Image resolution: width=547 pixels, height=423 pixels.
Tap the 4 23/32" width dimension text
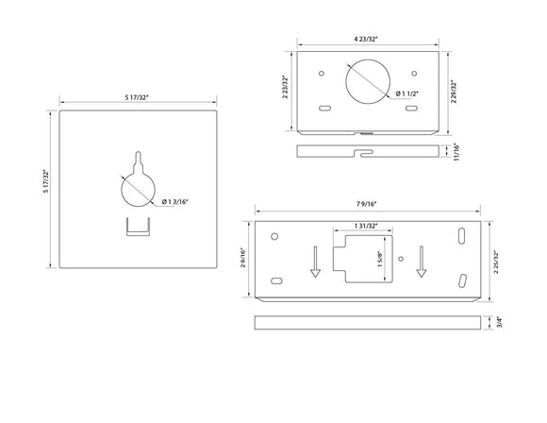tap(369, 39)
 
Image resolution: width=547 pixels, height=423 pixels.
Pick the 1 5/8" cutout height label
tap(380, 257)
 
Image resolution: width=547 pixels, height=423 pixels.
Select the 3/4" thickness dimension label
tap(499, 322)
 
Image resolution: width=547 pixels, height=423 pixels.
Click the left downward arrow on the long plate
tap(316, 262)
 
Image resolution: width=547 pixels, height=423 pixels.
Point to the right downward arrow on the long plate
tap(422, 262)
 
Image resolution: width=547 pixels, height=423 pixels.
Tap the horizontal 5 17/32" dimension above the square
tap(140, 97)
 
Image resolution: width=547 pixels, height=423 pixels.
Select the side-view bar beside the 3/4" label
tap(368, 322)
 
